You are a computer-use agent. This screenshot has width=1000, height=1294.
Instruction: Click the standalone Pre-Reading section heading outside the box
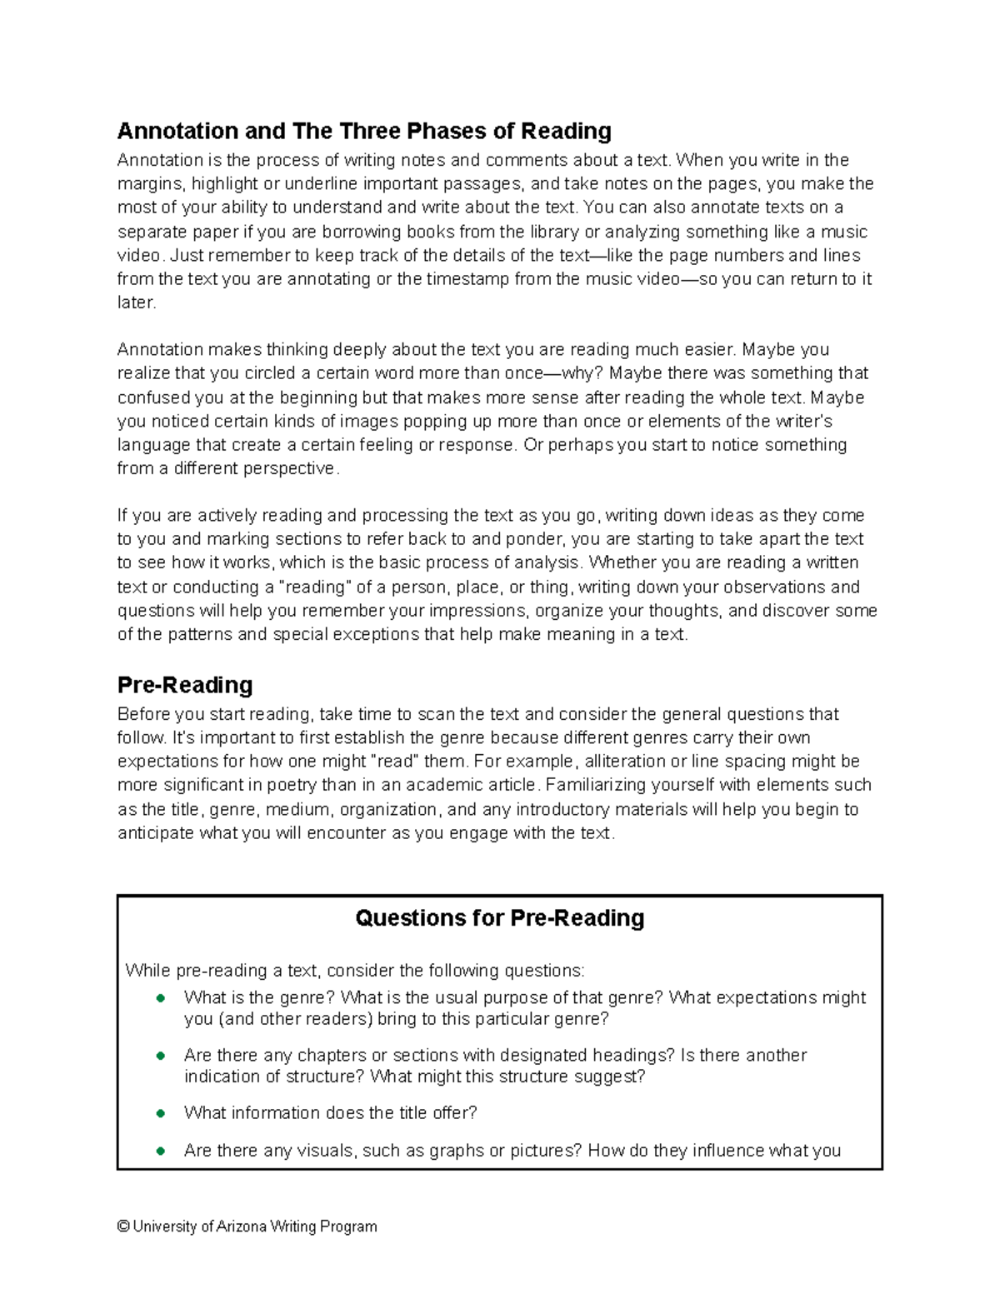(185, 685)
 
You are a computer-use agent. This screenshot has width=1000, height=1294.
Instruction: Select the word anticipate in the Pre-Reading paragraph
(156, 833)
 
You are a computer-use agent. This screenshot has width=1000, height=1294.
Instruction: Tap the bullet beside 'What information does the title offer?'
(160, 1113)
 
